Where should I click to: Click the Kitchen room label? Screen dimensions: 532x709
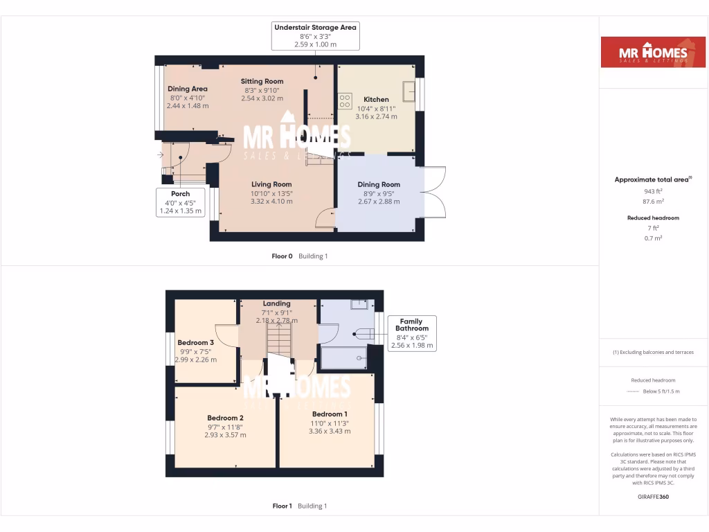(x=377, y=100)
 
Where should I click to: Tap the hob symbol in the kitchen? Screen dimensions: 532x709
(x=345, y=102)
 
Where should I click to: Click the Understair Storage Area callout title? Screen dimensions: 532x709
(x=315, y=28)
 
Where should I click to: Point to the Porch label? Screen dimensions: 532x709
(x=180, y=193)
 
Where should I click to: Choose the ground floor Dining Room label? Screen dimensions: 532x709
(x=379, y=184)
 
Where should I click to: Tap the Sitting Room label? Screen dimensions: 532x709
(x=263, y=81)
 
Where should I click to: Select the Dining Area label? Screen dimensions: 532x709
(x=188, y=89)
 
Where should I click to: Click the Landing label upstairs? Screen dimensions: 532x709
(x=277, y=303)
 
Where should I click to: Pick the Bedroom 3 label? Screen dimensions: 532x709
(x=196, y=343)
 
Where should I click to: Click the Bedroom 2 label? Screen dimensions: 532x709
(x=225, y=418)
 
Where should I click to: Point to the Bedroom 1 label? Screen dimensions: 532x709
(x=330, y=414)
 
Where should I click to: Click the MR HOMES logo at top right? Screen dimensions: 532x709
(x=643, y=52)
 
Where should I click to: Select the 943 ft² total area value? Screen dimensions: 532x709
(x=644, y=191)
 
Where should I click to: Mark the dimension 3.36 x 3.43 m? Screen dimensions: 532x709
(x=330, y=431)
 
